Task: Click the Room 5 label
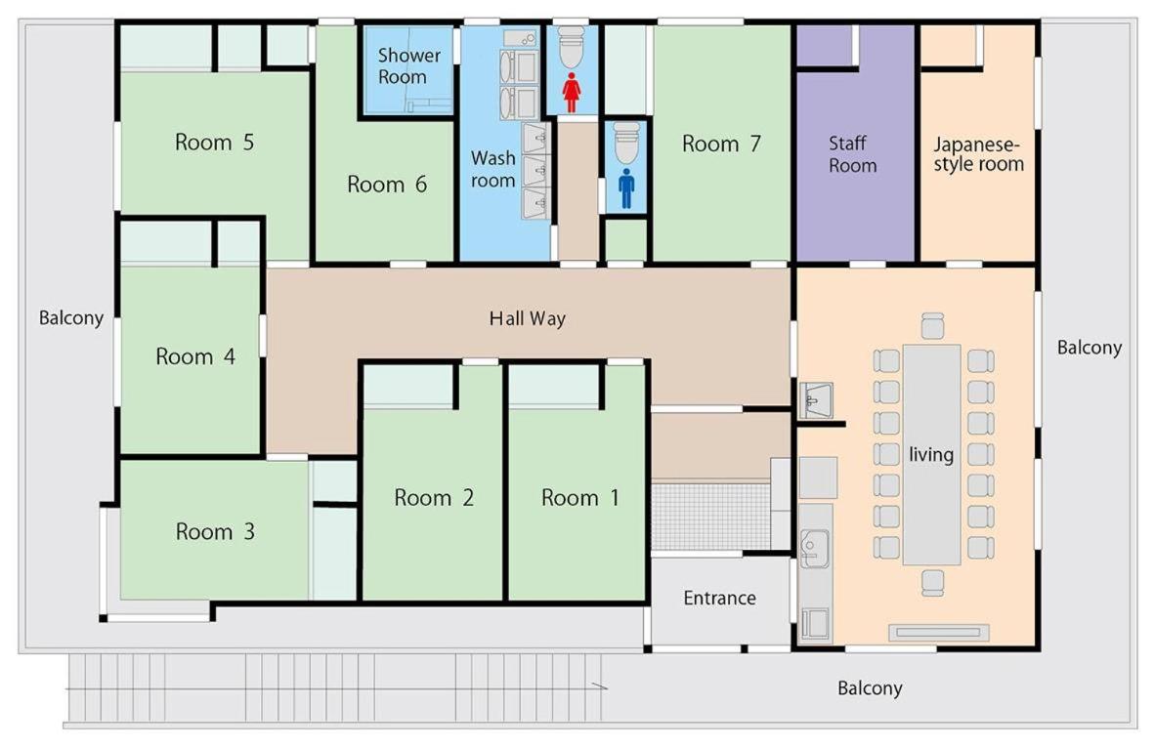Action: [x=214, y=142]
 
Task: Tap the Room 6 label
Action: [x=387, y=184]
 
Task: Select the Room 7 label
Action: [x=721, y=144]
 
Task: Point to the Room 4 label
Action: [x=195, y=356]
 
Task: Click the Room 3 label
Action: [x=215, y=531]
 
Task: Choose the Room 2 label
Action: [x=434, y=498]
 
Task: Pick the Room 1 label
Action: [x=580, y=498]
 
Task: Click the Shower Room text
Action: [x=408, y=66]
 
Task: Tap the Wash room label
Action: [x=493, y=169]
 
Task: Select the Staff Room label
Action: [x=852, y=154]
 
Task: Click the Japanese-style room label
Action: [x=978, y=154]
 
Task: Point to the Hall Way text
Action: [x=528, y=318]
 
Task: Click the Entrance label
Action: [x=719, y=598]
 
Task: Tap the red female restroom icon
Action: [x=571, y=92]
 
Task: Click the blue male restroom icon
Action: [x=626, y=188]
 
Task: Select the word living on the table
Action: [x=931, y=455]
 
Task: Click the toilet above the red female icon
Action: [x=571, y=46]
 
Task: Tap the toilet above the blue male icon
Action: [x=626, y=143]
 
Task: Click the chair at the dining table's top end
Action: [x=932, y=326]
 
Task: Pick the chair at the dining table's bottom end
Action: [x=932, y=583]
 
